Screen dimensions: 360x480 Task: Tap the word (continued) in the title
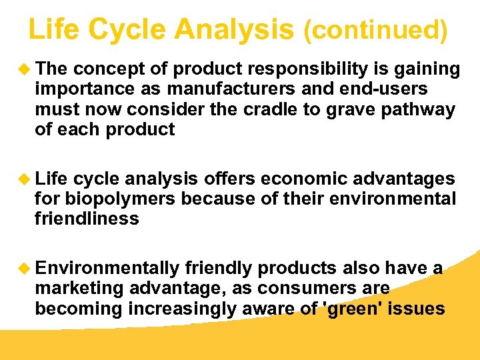[375, 31]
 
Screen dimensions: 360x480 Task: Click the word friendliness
[87, 219]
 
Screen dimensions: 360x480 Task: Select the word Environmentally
[107, 269]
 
